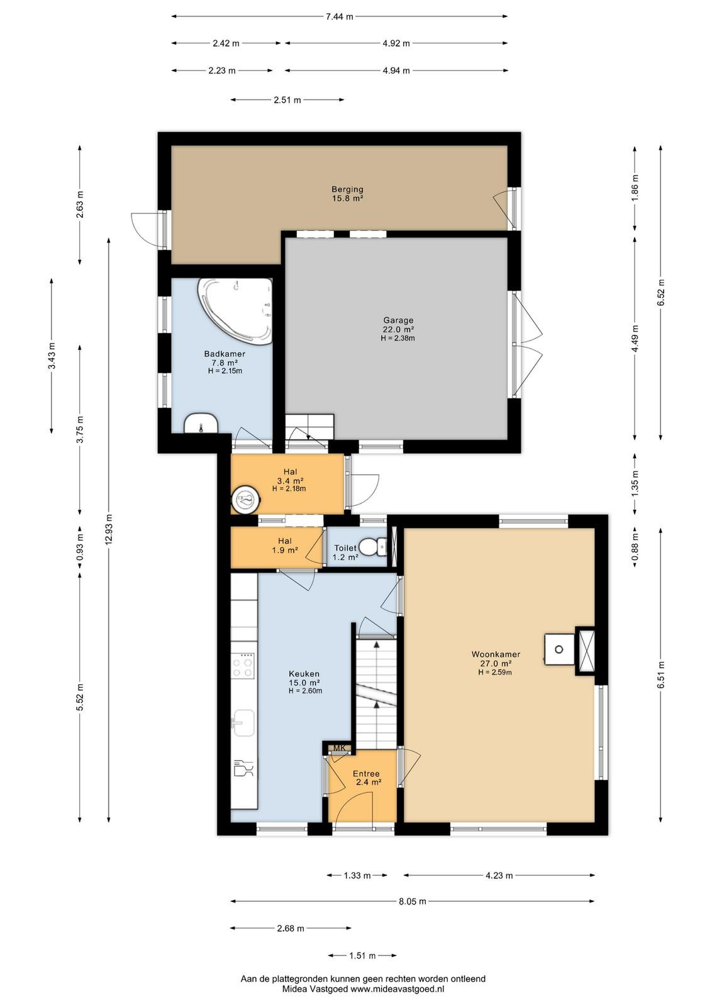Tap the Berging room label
point(347,189)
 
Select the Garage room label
point(398,320)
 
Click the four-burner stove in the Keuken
point(243,666)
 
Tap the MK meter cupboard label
point(340,748)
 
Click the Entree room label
point(366,774)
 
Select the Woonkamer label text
point(496,654)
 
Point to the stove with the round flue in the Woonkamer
point(559,649)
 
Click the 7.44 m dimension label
point(339,16)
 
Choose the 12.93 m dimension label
point(109,529)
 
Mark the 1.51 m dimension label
point(362,955)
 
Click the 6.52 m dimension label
point(660,293)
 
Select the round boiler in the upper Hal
point(246,498)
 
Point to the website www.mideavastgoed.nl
point(397,989)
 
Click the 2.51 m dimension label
point(287,100)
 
